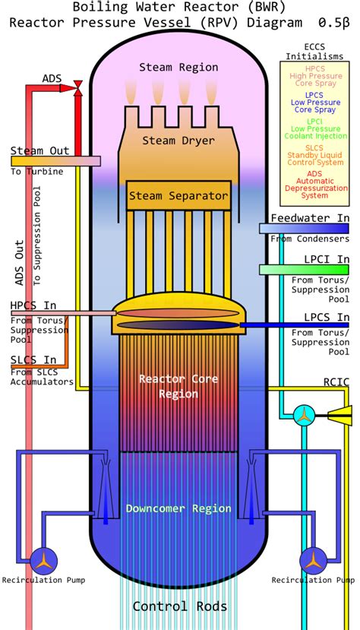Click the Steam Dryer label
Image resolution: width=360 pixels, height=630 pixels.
click(x=178, y=141)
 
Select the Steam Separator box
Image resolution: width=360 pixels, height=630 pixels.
click(x=178, y=196)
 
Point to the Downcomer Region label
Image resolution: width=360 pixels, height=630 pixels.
click(x=178, y=508)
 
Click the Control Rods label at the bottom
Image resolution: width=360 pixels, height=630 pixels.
click(x=178, y=606)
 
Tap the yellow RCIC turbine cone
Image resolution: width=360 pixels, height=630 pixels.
click(x=342, y=413)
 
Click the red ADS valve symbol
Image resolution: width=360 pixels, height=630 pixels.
click(x=77, y=89)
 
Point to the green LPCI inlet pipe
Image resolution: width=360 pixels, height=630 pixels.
click(x=304, y=269)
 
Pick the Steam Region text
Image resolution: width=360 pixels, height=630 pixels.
click(x=178, y=68)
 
